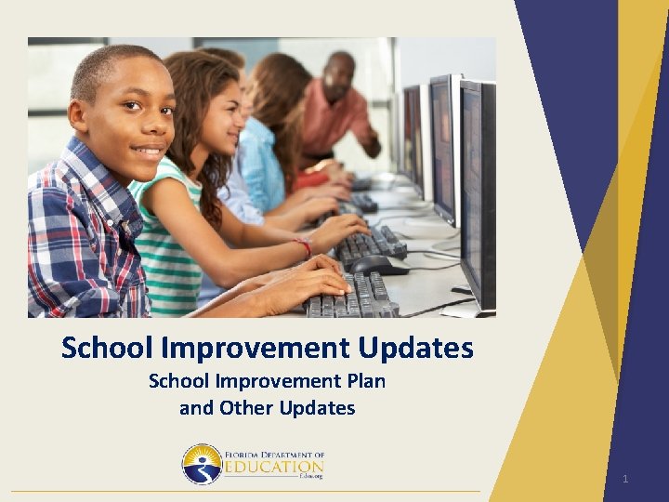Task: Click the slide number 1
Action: [625, 479]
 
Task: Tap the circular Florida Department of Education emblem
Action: [202, 463]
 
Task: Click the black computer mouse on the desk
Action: [377, 265]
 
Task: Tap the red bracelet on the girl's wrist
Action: [303, 246]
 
